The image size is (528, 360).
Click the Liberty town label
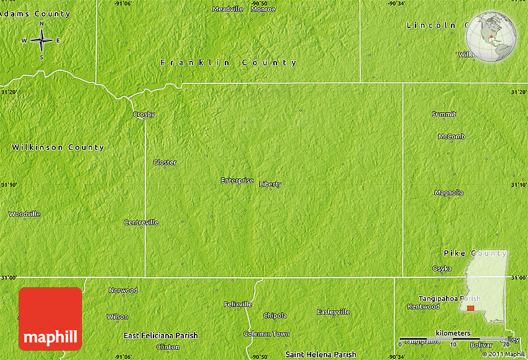(x=270, y=184)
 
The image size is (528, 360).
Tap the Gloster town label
(x=165, y=162)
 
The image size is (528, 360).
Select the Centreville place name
(x=141, y=222)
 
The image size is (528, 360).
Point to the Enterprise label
(x=237, y=180)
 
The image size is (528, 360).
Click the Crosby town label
(x=144, y=114)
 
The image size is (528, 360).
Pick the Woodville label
(x=25, y=214)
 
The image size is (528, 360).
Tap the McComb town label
(x=452, y=136)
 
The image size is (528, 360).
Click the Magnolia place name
(x=448, y=193)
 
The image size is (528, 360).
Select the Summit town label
(x=444, y=114)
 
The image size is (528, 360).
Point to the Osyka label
(x=442, y=268)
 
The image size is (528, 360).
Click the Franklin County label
(x=229, y=63)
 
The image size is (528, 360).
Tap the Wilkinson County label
(x=58, y=147)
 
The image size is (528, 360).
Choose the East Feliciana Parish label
(x=160, y=336)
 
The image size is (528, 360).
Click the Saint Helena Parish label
(x=321, y=354)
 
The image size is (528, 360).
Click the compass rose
(x=42, y=41)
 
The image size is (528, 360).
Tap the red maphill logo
(x=50, y=318)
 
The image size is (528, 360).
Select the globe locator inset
(x=491, y=37)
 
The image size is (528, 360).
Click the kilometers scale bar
(x=453, y=339)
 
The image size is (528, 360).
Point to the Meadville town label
(x=228, y=9)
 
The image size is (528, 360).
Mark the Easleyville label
(x=334, y=312)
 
